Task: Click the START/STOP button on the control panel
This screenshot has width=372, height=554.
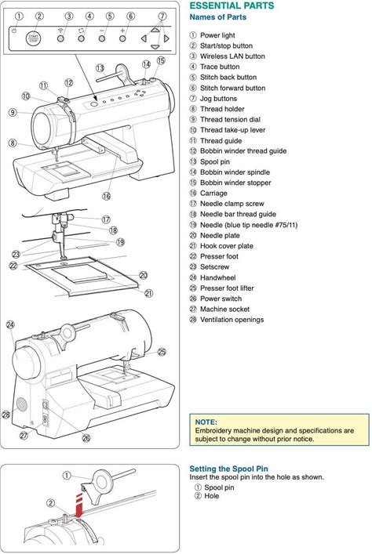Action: coord(33,38)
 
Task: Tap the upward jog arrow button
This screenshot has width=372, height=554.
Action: coord(155,30)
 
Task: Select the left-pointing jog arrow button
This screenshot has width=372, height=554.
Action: coord(144,38)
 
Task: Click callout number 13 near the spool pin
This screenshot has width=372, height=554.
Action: coord(100,68)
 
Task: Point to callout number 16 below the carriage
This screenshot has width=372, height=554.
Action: coord(106,196)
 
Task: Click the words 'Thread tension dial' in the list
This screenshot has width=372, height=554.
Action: coord(230,119)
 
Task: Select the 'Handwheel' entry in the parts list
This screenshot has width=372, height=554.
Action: coord(217,277)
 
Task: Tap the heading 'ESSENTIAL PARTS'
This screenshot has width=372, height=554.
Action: coord(232,5)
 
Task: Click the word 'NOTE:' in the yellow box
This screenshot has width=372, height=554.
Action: coord(206,422)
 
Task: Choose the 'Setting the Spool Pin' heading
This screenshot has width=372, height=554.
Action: coord(228,469)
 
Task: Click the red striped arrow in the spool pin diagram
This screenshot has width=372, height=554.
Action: coord(80,505)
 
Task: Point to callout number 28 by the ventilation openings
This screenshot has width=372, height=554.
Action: coord(6,415)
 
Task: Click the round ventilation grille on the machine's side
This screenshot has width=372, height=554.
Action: coord(21,404)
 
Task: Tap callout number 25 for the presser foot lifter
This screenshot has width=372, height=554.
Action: coord(162,352)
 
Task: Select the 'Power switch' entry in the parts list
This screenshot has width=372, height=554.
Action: coord(221,299)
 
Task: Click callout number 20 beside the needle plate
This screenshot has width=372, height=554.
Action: coord(144,275)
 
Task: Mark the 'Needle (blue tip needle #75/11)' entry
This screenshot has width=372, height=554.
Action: coord(249,225)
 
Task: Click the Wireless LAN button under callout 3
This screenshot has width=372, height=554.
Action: coord(60,38)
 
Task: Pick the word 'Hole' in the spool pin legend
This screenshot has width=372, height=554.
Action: coord(212,496)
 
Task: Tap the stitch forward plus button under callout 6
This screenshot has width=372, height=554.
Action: coord(122,38)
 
